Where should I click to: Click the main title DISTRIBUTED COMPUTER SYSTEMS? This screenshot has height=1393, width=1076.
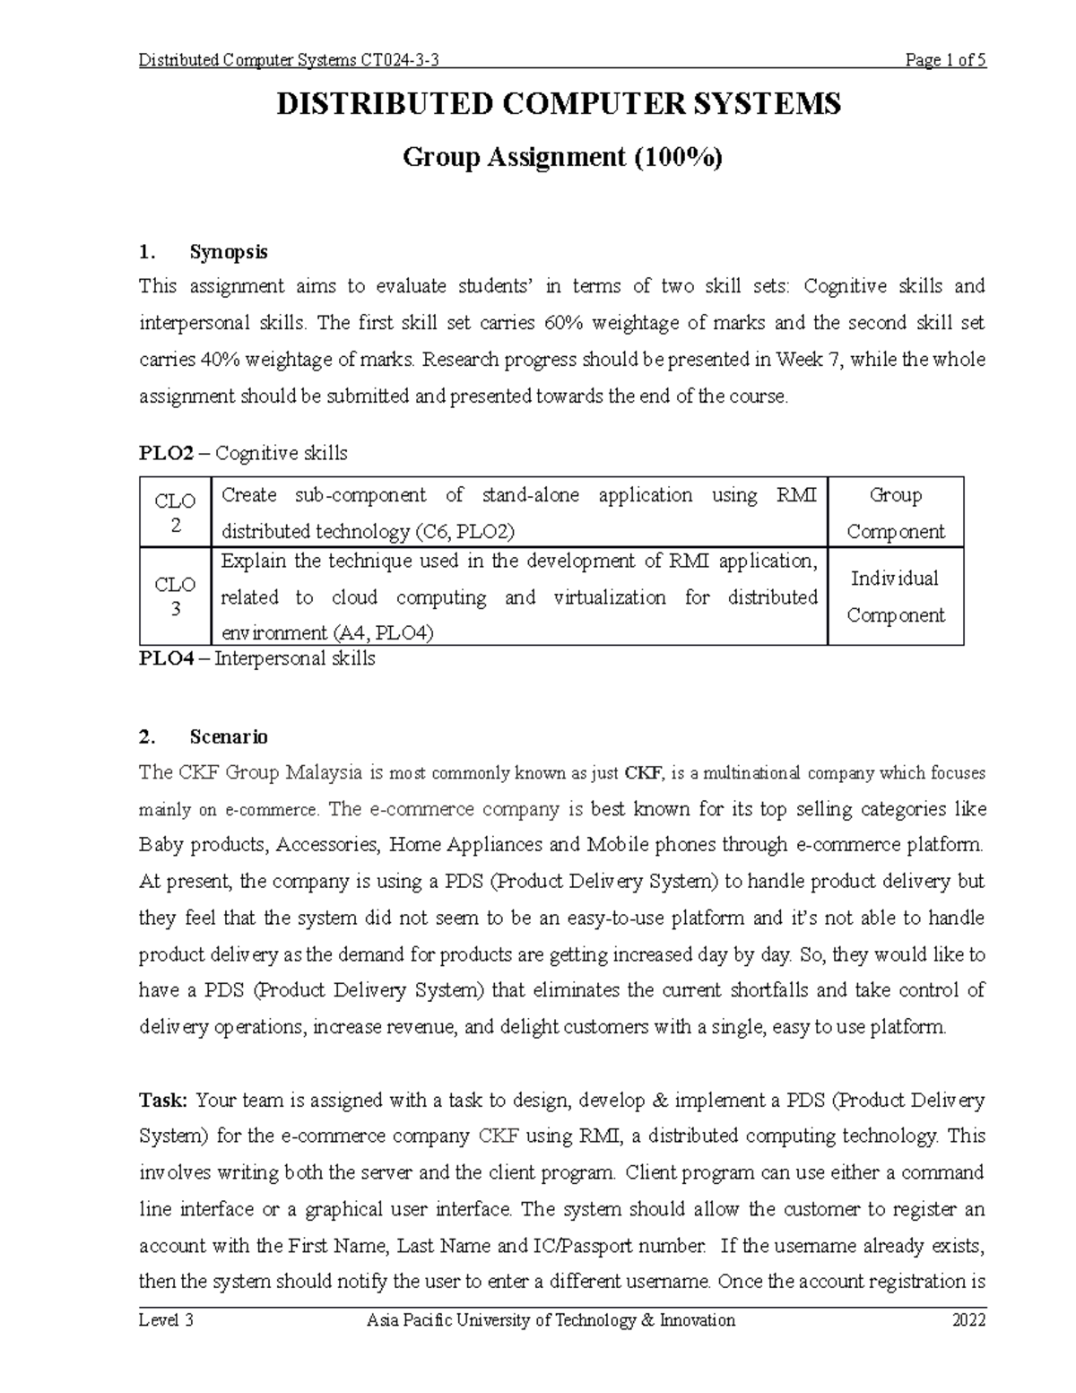[559, 104]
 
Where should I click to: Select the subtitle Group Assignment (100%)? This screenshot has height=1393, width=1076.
[562, 158]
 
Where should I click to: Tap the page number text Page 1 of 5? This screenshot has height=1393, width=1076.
[946, 61]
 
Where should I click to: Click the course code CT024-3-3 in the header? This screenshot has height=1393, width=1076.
[399, 61]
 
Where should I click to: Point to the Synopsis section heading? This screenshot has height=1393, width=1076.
[228, 252]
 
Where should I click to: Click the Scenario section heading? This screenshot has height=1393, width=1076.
[228, 737]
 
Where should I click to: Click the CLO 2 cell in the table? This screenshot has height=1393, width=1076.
[175, 513]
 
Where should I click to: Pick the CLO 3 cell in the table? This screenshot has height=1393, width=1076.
[175, 596]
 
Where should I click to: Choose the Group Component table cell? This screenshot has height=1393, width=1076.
[895, 513]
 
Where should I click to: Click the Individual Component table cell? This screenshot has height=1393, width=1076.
[895, 596]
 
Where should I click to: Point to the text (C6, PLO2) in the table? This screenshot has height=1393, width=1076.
[464, 532]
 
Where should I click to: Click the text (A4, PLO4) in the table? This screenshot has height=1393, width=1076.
[382, 633]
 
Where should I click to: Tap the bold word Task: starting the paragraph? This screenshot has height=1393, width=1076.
[164, 1100]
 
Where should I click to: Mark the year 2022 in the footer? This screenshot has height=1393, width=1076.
[969, 1320]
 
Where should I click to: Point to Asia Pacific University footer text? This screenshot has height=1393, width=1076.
[551, 1320]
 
